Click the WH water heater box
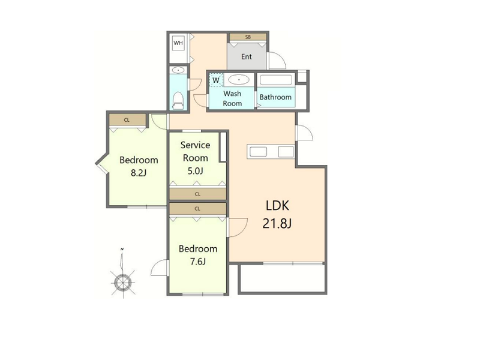[178, 43]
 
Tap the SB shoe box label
[248, 37]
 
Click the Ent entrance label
[247, 56]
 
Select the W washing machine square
[216, 80]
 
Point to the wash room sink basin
[238, 80]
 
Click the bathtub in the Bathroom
[276, 80]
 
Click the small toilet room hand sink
[178, 70]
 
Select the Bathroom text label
[275, 97]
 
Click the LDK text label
[277, 205]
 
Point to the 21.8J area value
[277, 223]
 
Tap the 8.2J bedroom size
[139, 173]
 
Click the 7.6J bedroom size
[198, 262]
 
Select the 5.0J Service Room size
[196, 171]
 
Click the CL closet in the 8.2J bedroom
[127, 120]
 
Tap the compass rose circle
[123, 282]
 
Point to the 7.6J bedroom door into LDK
[238, 227]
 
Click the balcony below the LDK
[282, 278]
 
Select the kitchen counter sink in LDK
[258, 152]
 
